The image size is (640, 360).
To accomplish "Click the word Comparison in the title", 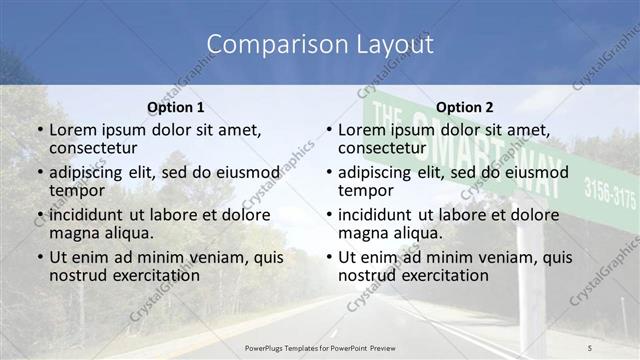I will pyautogui.click(x=267, y=44).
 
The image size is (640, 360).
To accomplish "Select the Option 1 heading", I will pyautogui.click(x=175, y=107).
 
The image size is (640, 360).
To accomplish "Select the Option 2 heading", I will pyautogui.click(x=464, y=107).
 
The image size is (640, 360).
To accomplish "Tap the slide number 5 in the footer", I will pyautogui.click(x=590, y=346).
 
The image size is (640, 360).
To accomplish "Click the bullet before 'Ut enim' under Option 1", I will pyautogui.click(x=40, y=257).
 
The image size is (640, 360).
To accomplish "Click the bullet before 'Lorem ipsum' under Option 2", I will pyautogui.click(x=329, y=131).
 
